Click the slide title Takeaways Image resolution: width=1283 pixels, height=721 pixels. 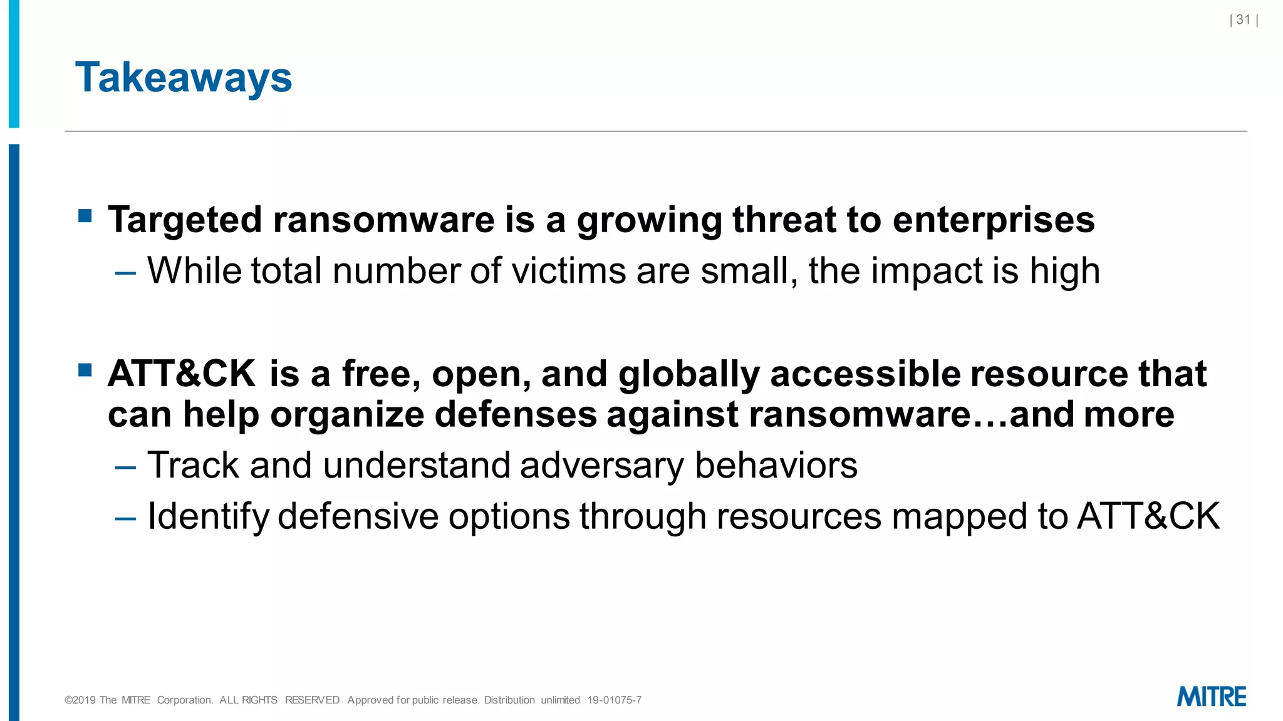(x=184, y=78)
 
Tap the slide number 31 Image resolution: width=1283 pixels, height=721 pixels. (x=1243, y=20)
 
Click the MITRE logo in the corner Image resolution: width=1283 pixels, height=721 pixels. (x=1211, y=697)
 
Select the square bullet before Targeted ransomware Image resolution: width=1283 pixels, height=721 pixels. (x=85, y=217)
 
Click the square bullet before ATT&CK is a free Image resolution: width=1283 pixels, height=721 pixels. (x=85, y=370)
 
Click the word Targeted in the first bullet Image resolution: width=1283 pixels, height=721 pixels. (x=184, y=220)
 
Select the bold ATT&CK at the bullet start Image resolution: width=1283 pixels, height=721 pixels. (x=182, y=374)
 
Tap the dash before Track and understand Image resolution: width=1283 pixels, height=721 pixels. (x=125, y=467)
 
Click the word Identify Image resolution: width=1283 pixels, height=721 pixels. (x=208, y=518)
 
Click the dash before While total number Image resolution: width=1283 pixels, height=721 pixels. (x=125, y=273)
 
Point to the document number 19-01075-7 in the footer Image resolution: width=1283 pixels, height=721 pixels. (x=614, y=700)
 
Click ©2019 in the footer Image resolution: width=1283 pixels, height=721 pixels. (x=80, y=700)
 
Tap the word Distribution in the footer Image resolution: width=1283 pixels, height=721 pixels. (x=509, y=700)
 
